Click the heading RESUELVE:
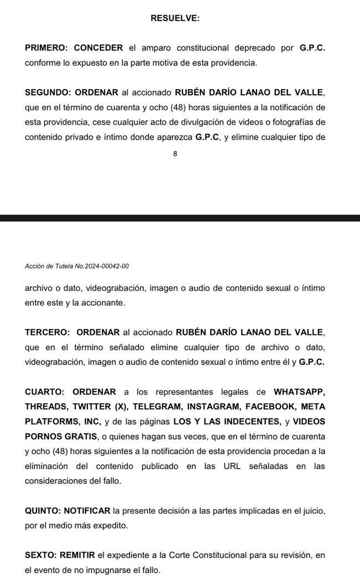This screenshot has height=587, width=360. (x=175, y=18)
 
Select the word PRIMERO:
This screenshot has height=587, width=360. (x=45, y=48)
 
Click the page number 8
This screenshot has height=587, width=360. (x=175, y=155)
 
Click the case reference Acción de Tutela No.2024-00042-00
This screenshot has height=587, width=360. (x=77, y=266)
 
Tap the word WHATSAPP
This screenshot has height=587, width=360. (x=299, y=392)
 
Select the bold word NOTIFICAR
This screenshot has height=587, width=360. (x=88, y=511)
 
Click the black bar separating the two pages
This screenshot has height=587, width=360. (x=180, y=218)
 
